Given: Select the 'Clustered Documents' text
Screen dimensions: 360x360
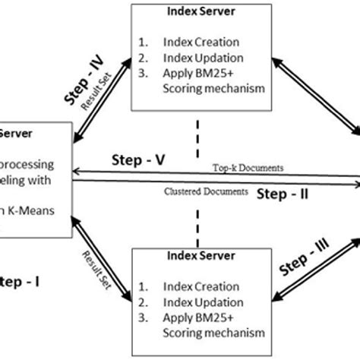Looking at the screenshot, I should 207,192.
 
